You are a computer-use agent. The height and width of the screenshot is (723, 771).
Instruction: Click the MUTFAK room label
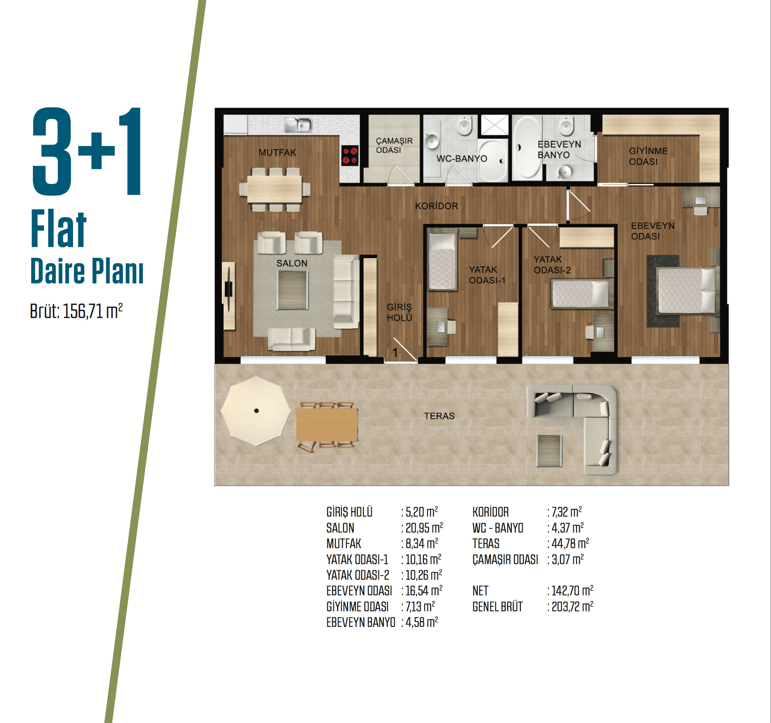[x=277, y=152]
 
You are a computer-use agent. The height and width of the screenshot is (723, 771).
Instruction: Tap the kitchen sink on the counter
[x=298, y=124]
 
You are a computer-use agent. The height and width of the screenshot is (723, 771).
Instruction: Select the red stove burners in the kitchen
[x=350, y=156]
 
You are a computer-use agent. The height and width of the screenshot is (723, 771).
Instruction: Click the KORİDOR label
[x=436, y=206]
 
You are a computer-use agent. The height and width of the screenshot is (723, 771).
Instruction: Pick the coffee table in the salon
[x=292, y=290]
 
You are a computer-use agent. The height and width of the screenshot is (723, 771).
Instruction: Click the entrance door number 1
[x=395, y=352]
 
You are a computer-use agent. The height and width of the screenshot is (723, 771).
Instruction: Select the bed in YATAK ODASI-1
[x=442, y=261]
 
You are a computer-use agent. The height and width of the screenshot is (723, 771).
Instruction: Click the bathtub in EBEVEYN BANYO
[x=527, y=148]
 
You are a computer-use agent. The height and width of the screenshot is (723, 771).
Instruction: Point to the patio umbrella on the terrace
[x=256, y=411]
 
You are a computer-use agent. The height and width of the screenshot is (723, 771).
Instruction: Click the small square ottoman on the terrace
[x=549, y=451]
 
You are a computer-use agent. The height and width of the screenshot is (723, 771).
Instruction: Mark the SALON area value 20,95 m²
[x=424, y=528]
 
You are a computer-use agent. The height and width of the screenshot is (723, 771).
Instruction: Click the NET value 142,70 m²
[x=572, y=590]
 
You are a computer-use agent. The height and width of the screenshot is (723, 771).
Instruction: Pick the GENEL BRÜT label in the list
[x=498, y=607]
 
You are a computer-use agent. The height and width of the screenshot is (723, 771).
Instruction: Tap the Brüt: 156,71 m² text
[x=77, y=311]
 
